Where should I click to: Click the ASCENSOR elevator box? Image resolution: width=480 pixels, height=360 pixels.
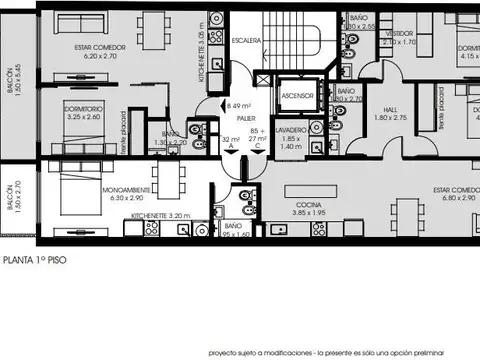[x=298, y=96]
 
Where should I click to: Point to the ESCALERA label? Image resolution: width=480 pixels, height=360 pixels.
[x=246, y=41]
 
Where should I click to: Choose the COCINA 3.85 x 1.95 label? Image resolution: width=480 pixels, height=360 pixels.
[x=302, y=208]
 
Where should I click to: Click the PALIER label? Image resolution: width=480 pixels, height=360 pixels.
[x=247, y=117]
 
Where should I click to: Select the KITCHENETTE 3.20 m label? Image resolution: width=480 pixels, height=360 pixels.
[x=161, y=215]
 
